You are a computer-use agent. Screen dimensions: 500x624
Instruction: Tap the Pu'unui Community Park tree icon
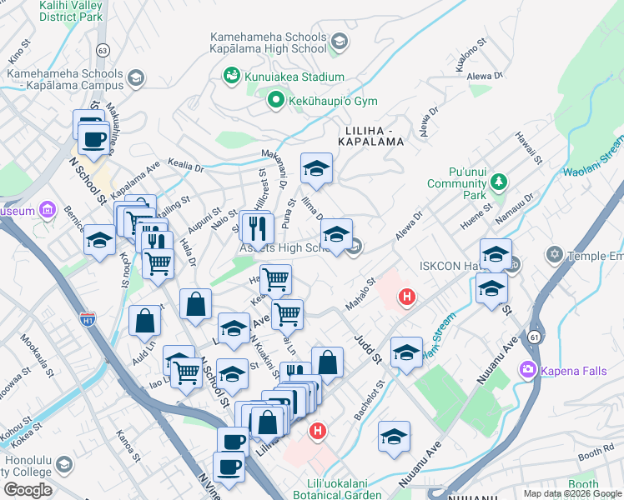pos(499,181)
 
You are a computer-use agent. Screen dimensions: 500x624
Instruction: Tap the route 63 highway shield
pos(103,50)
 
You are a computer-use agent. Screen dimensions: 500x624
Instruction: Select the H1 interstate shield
pos(88,317)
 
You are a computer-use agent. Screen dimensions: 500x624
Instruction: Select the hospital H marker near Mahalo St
pos(407,297)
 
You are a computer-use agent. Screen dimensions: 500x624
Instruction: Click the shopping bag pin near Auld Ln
pos(145,321)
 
